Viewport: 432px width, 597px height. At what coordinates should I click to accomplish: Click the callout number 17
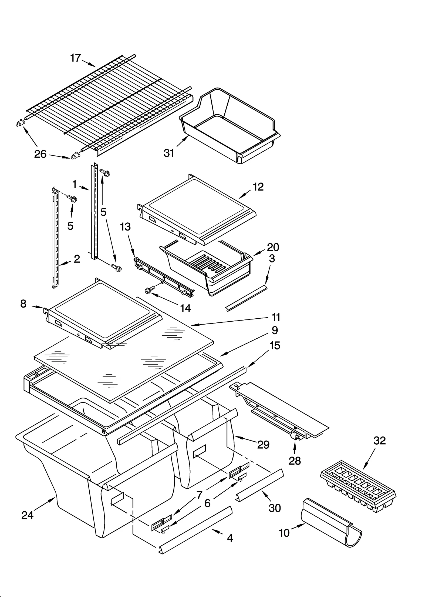(x=75, y=58)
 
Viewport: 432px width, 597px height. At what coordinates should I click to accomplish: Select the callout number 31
(x=169, y=153)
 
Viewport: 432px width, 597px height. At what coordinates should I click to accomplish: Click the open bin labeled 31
(x=230, y=127)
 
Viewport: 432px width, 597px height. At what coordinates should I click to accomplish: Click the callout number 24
(x=27, y=515)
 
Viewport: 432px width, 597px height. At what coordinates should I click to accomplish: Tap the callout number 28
(x=295, y=461)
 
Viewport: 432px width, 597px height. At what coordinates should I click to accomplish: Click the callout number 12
(x=258, y=187)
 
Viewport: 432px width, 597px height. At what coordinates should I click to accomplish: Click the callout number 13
(x=125, y=227)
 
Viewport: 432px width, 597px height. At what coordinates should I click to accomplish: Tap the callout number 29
(x=263, y=445)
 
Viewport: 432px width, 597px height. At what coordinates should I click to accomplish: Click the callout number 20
(x=273, y=247)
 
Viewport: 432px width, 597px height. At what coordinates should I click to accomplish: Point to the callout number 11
(x=276, y=317)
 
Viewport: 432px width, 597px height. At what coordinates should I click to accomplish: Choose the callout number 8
(x=23, y=304)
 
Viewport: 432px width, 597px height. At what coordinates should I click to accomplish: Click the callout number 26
(x=40, y=154)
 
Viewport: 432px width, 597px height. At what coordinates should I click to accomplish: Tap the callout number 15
(x=275, y=345)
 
